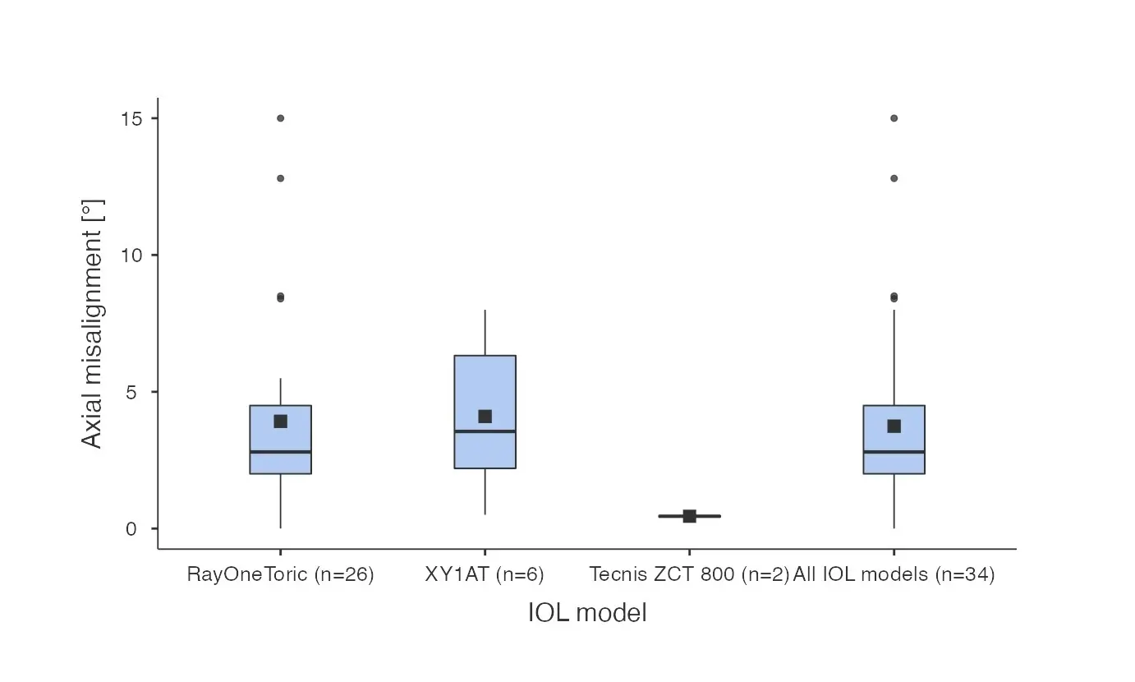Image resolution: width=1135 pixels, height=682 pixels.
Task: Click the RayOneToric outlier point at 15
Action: [x=280, y=118]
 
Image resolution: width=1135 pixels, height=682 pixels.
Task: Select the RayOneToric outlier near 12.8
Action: [x=280, y=178]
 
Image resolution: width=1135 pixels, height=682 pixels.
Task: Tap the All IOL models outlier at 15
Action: [x=894, y=118]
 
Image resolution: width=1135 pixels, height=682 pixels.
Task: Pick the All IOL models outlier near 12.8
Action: [x=894, y=178]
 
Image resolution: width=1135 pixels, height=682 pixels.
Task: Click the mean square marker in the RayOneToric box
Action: [x=280, y=422]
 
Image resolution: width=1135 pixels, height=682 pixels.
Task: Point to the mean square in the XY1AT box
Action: [x=485, y=417]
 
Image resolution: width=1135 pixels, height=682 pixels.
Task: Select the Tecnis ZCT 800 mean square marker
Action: [x=689, y=516]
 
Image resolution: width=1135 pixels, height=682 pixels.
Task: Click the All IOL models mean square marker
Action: [x=894, y=426]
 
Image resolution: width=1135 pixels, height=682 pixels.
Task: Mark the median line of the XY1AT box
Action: [x=485, y=431]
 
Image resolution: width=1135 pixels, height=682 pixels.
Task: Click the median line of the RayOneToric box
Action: [x=280, y=452]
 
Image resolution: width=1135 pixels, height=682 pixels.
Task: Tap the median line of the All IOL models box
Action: [x=894, y=452]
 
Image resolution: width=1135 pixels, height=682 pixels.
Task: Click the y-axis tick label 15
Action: [x=131, y=118]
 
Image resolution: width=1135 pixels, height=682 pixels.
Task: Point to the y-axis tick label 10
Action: [x=131, y=255]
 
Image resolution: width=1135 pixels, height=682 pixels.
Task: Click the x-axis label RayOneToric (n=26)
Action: [x=280, y=574]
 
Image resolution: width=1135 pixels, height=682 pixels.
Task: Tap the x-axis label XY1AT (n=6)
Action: [x=485, y=574]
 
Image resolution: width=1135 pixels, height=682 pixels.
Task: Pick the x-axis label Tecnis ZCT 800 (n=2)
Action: [x=689, y=574]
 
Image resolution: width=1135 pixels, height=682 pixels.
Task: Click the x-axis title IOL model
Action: [x=587, y=613]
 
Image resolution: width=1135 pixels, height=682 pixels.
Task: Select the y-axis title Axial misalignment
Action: [x=93, y=337]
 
